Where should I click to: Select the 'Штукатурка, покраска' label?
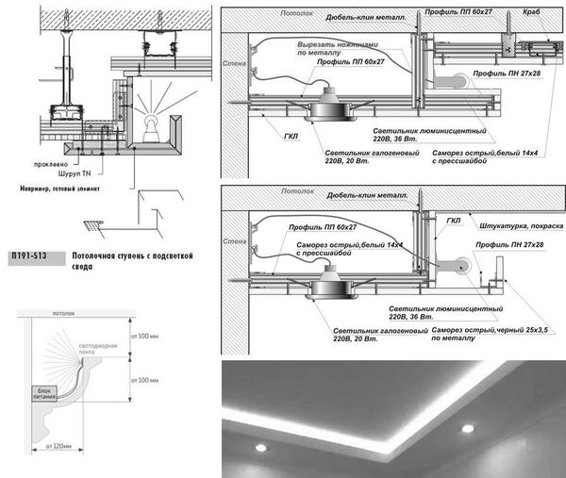tap(516, 227)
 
